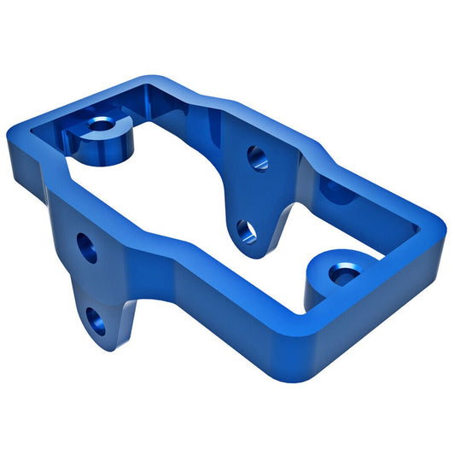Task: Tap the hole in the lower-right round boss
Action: tap(343, 275)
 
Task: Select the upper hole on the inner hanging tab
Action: tap(257, 157)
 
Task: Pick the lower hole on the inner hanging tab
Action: tap(245, 229)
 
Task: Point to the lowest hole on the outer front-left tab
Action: tap(96, 321)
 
